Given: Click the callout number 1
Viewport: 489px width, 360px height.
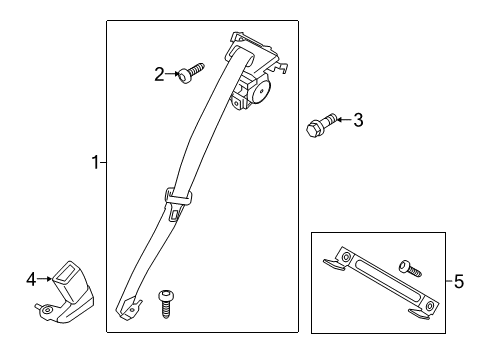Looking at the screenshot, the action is pos(95,163).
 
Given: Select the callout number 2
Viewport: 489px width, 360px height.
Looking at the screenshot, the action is pos(159,74).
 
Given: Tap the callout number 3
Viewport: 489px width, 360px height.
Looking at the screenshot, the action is pos(358,120).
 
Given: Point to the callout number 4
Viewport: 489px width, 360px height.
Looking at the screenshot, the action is pos(31,279).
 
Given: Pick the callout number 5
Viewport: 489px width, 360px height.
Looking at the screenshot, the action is pos(459,282).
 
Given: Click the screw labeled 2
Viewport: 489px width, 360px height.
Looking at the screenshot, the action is pos(191,73).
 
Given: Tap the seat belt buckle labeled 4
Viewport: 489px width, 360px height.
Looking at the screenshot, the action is pos(66,293).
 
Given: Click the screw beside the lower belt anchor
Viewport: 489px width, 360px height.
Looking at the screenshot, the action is pos(166,304).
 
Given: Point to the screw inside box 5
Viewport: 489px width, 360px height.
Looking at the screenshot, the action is pos(410,268).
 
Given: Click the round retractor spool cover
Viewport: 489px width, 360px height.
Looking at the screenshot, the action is pos(261,91).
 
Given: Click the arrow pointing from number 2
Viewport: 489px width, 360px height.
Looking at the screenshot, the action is pos(173,74).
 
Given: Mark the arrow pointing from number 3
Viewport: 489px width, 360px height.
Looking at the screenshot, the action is pos(344,119).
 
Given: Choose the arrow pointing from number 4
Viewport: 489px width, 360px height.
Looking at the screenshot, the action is pos(45,279).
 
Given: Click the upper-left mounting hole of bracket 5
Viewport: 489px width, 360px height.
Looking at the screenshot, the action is pos(346,257).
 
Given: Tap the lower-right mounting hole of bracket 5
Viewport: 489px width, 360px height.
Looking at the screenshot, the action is pos(430,304).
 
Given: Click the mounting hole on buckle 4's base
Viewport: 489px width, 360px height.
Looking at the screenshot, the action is pos(49,310).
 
